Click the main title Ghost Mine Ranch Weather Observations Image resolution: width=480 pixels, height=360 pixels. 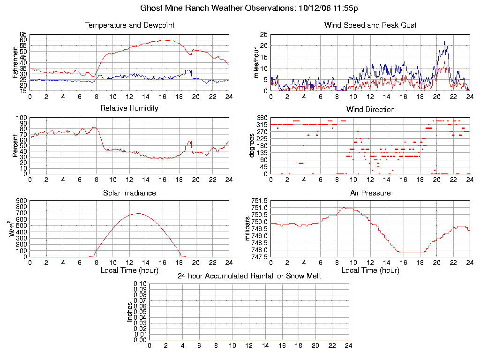(x=249, y=8)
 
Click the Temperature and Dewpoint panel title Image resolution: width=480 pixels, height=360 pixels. (x=129, y=25)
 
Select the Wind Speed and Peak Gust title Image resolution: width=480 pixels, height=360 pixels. (x=370, y=25)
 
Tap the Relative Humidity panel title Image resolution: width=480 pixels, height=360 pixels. (x=129, y=108)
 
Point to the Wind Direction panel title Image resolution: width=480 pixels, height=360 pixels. (x=370, y=109)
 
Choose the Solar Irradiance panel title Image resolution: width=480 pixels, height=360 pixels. (x=129, y=193)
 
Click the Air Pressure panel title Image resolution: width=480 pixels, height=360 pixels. (x=370, y=193)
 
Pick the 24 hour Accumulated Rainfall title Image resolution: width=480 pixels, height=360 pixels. (x=249, y=276)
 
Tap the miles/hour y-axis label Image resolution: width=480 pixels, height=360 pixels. (x=256, y=63)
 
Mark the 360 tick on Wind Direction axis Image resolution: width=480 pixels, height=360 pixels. (x=262, y=118)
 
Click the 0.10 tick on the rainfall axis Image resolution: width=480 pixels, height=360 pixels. (x=140, y=284)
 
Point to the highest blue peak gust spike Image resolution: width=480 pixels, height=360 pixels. (x=445, y=42)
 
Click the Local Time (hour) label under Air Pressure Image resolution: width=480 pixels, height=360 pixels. (x=370, y=270)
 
